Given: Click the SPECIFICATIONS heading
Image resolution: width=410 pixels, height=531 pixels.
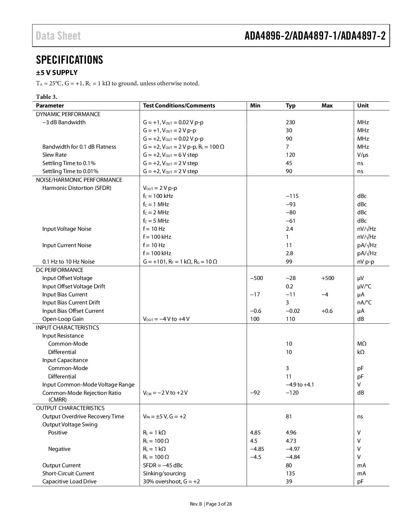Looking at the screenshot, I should click(69, 60).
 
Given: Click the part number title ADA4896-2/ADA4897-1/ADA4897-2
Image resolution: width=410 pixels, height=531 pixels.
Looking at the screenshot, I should click(315, 36).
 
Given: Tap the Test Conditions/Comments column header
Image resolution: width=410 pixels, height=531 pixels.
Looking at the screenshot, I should click(179, 106).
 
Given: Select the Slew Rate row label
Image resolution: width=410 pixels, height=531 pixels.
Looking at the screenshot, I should click(54, 155).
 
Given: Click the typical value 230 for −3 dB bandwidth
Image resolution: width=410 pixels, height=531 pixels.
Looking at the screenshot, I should click(290, 122).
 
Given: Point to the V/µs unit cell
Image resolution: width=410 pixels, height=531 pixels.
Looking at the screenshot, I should click(363, 155).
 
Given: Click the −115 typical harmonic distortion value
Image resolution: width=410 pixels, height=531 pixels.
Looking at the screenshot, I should click(292, 196).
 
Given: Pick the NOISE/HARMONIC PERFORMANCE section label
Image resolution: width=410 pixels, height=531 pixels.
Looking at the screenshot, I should click(79, 180).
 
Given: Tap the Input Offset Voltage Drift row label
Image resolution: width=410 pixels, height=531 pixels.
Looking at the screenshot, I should click(74, 286).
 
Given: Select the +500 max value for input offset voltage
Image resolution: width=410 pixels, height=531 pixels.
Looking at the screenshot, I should click(328, 278).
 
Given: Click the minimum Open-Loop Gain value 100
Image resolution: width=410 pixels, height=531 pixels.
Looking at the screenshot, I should click(255, 319).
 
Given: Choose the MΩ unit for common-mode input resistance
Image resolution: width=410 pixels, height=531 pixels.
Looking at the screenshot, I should click(362, 344).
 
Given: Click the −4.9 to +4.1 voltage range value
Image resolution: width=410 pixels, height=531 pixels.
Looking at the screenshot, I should click(300, 385).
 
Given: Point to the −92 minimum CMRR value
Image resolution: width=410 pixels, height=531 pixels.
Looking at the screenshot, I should click(255, 393).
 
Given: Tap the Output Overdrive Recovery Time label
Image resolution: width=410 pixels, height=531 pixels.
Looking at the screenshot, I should click(83, 416).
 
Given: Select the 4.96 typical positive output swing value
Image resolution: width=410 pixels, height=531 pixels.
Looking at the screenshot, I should click(291, 433).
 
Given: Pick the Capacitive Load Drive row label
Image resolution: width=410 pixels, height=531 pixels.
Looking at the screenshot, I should click(69, 481).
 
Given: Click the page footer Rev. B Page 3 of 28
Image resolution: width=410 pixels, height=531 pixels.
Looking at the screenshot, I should click(211, 504).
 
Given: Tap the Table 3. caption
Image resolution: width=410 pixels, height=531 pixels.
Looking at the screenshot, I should click(47, 97).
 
